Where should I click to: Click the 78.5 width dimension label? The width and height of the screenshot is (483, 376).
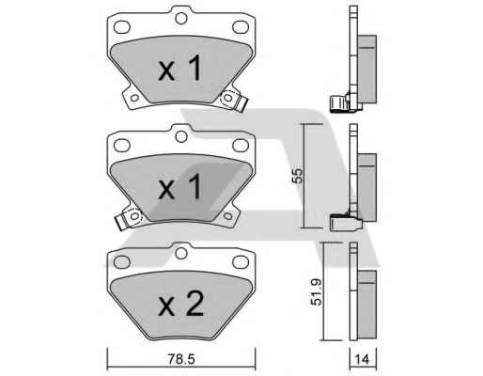(181, 359)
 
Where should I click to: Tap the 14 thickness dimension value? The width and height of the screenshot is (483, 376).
(363, 359)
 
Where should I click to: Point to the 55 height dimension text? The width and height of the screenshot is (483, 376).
(297, 176)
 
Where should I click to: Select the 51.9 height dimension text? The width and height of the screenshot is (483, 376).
(316, 292)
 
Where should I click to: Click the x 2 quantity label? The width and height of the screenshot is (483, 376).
(181, 304)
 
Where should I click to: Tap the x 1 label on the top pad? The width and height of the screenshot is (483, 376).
(179, 69)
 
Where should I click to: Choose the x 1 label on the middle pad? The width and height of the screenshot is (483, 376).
(179, 187)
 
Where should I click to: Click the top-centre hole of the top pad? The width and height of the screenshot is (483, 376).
(181, 18)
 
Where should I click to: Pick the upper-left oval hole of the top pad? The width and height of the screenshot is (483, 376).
(122, 27)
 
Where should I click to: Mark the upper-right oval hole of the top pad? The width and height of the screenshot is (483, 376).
(241, 27)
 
